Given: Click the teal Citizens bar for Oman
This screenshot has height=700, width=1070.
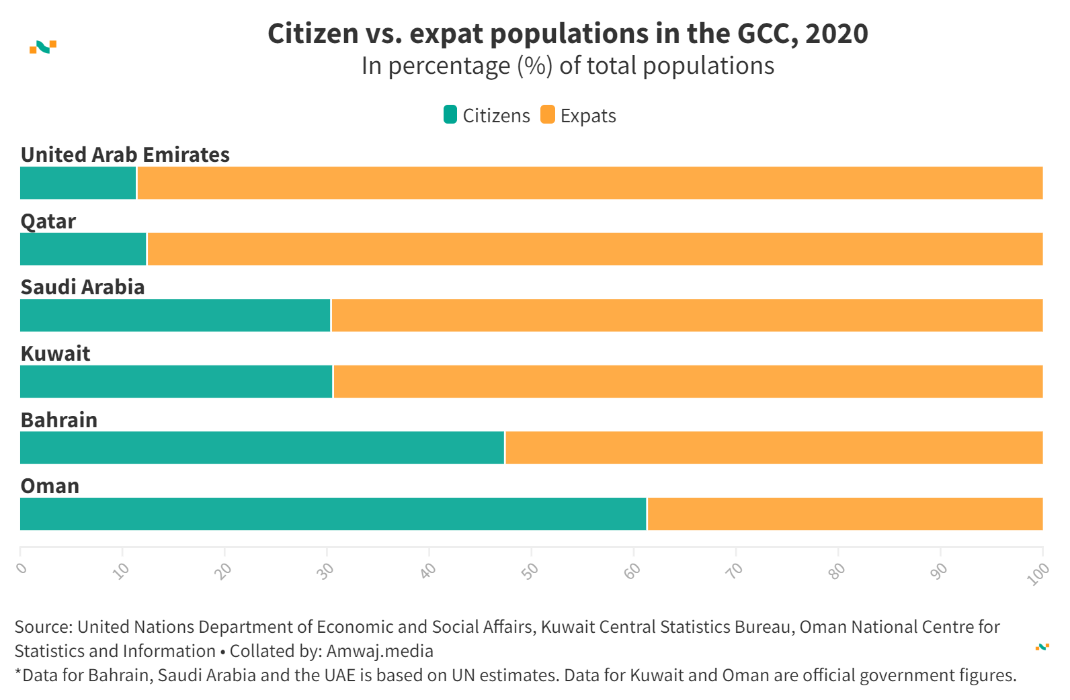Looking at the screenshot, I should pyautogui.click(x=333, y=514).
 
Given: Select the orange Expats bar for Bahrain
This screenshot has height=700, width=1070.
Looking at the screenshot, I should pyautogui.click(x=774, y=448).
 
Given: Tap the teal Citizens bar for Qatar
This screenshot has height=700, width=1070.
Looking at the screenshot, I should pyautogui.click(x=83, y=249).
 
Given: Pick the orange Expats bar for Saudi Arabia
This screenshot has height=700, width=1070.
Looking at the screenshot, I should pyautogui.click(x=686, y=315).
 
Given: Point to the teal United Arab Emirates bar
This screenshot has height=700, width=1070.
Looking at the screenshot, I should pyautogui.click(x=78, y=183).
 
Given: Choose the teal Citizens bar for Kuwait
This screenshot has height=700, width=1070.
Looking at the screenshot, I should pyautogui.click(x=176, y=382).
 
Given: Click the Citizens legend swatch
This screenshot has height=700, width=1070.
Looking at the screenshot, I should pyautogui.click(x=450, y=115).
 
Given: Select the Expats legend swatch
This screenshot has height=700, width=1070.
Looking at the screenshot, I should pyautogui.click(x=548, y=115).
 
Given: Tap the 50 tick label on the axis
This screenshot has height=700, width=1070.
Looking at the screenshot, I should pyautogui.click(x=530, y=571).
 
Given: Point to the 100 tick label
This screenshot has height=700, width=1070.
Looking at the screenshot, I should pyautogui.click(x=1038, y=574).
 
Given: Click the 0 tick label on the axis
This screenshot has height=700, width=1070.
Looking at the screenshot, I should pyautogui.click(x=22, y=568).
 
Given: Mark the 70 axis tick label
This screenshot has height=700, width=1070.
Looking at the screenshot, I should pyautogui.click(x=735, y=571).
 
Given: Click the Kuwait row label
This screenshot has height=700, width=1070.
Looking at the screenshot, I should pyautogui.click(x=55, y=354).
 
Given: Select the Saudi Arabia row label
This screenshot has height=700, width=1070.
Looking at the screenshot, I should pyautogui.click(x=83, y=288).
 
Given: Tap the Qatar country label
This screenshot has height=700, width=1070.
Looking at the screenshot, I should pyautogui.click(x=48, y=221).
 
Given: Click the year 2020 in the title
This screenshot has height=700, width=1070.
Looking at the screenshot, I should pyautogui.click(x=836, y=34).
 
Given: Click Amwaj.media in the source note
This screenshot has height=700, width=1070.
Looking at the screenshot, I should pyautogui.click(x=380, y=651).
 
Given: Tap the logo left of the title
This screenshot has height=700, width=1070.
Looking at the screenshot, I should pyautogui.click(x=43, y=47).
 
